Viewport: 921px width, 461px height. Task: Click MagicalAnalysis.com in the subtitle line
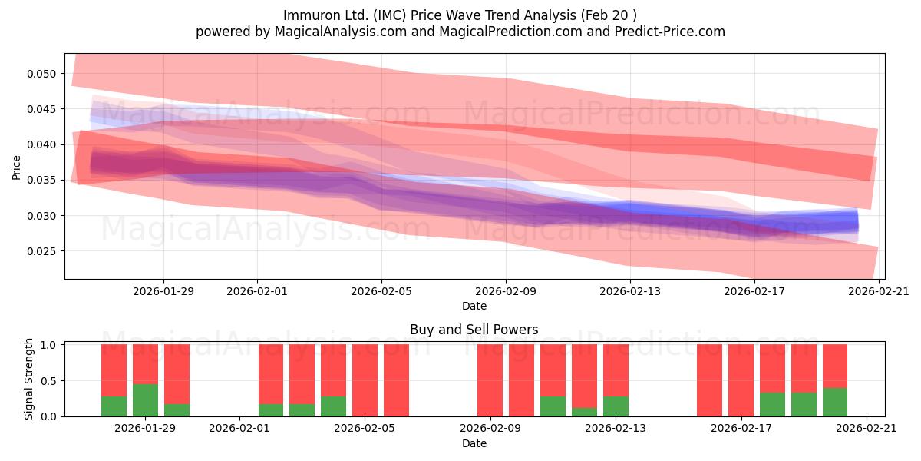click(x=341, y=32)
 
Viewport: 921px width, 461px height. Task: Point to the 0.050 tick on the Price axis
click(x=41, y=74)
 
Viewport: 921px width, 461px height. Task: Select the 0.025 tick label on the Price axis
click(x=41, y=251)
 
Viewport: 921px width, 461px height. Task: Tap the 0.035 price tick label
click(x=41, y=181)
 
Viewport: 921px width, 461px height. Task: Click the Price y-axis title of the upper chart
click(x=16, y=167)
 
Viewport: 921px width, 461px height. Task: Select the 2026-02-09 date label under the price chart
click(x=506, y=291)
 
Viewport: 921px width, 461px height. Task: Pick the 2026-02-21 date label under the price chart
click(x=879, y=291)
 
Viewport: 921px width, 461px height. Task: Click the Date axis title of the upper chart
click(x=474, y=306)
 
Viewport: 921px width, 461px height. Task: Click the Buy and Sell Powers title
click(x=474, y=330)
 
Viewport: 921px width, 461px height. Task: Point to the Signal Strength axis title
click(x=28, y=379)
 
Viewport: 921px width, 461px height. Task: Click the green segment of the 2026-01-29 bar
click(x=145, y=400)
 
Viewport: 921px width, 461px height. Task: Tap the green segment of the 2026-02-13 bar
click(x=616, y=406)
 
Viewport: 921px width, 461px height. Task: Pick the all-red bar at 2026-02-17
click(x=741, y=380)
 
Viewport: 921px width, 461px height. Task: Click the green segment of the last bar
click(x=835, y=402)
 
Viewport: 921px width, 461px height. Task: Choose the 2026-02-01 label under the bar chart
click(x=239, y=429)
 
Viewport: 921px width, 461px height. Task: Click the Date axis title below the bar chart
click(x=474, y=443)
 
